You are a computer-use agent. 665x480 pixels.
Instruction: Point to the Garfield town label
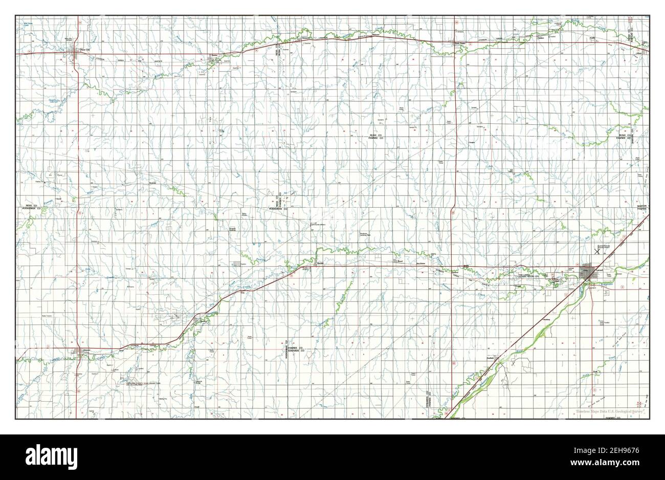point(489,358)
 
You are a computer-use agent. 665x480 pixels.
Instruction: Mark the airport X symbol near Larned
point(596,251)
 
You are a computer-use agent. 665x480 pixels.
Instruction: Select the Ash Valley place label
point(511,171)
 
